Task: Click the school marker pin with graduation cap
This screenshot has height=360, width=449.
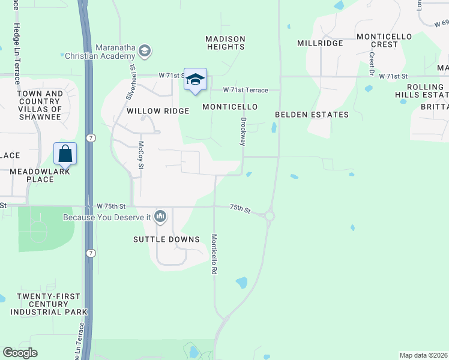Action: coord(195,80)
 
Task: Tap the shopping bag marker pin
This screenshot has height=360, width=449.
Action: coord(65,154)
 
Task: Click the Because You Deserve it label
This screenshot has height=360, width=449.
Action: coord(107,217)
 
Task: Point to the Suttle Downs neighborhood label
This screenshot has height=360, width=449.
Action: coord(167,239)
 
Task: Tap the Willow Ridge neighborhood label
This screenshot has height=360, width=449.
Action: coord(158,111)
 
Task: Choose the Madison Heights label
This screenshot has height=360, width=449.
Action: coord(225,43)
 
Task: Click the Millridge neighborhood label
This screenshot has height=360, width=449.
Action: coord(320,43)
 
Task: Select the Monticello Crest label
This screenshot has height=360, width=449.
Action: coord(385,40)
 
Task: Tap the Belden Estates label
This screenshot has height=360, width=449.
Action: coord(312,115)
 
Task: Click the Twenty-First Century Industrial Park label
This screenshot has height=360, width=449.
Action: coord(52,304)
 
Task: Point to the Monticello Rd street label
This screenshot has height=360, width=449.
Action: coord(214,254)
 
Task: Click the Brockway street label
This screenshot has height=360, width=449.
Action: coord(243,131)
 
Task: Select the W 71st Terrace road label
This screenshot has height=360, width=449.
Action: coord(245,90)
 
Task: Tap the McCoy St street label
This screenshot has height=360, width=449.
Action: coord(142,155)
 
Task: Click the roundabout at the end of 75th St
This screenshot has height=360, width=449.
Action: coord(269,216)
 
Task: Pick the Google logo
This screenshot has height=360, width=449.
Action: coord(20,353)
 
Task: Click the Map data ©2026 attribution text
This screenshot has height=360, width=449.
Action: coord(424,355)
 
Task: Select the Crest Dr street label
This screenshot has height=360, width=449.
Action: coord(372,64)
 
